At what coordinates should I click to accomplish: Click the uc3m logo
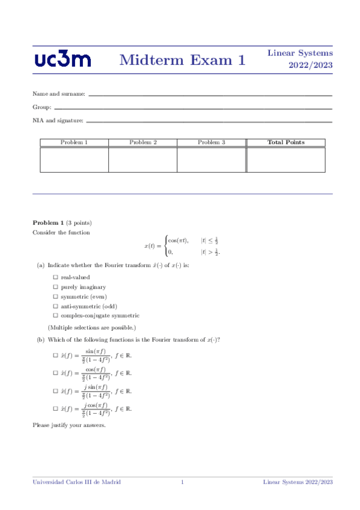click(63, 60)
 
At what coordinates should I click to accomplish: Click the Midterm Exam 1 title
click(183, 60)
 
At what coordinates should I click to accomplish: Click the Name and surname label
click(59, 94)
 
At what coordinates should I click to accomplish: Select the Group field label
click(41, 108)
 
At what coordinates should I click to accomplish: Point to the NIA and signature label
click(58, 121)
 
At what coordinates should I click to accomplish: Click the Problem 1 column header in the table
click(75, 143)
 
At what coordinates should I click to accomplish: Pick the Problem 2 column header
click(143, 143)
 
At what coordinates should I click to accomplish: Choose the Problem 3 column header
click(212, 143)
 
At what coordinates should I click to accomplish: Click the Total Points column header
click(285, 143)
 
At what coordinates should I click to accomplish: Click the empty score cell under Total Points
click(285, 159)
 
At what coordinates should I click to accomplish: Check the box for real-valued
click(55, 277)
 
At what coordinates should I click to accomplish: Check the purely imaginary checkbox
click(55, 287)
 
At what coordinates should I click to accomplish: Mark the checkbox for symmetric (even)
click(55, 296)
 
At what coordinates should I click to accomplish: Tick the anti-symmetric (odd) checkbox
click(55, 306)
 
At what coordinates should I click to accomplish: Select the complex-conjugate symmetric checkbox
click(55, 315)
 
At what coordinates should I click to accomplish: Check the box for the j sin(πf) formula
click(55, 391)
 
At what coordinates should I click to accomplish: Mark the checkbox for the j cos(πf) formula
click(55, 409)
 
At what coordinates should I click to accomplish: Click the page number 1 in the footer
click(182, 482)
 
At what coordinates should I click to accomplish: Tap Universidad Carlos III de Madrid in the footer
click(76, 482)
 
